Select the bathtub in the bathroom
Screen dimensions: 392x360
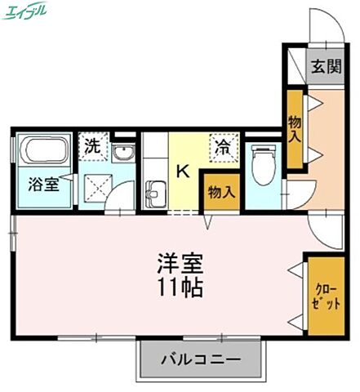[x=44, y=152]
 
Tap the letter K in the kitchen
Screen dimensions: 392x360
[x=184, y=171]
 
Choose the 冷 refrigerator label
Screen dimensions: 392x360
[x=222, y=148]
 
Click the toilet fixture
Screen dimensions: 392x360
[x=263, y=163]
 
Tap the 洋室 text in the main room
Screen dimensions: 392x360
[x=180, y=265]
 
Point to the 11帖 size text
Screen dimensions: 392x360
[x=180, y=287]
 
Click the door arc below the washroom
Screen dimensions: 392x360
[x=122, y=196]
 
